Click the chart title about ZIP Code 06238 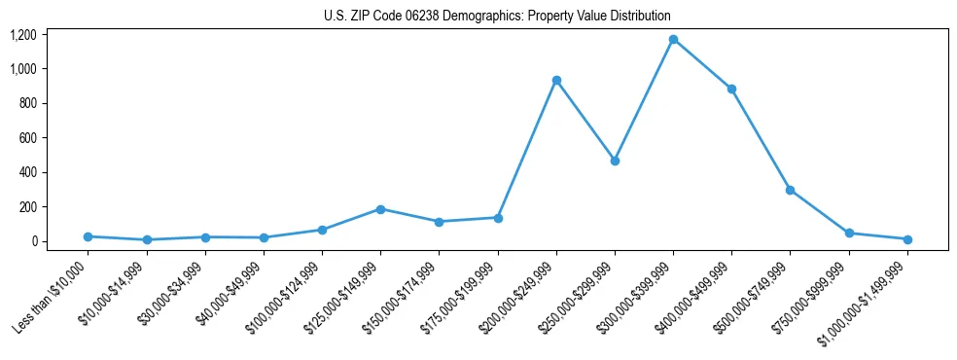[497, 17]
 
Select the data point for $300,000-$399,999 [673, 40]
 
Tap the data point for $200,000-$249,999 [556, 81]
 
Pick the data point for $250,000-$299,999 [615, 161]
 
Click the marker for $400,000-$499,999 [731, 89]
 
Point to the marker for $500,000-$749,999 [790, 190]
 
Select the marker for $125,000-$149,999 [380, 209]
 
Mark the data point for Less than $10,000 [88, 236]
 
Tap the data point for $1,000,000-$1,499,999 [907, 239]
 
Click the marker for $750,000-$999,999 [849, 234]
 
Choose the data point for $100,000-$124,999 [322, 230]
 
